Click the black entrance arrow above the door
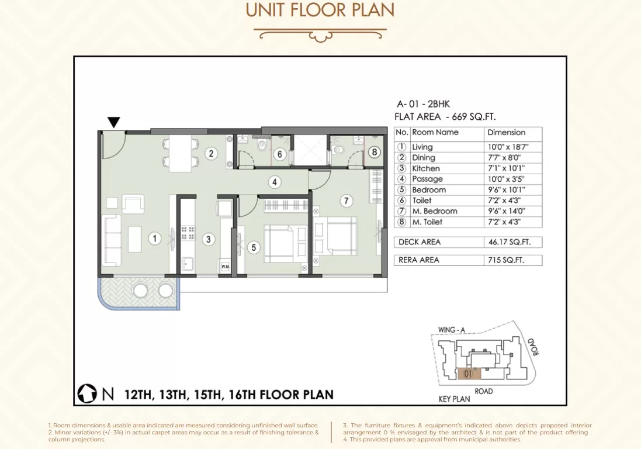click(113, 122)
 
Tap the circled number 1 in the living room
click(154, 239)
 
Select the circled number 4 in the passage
click(274, 182)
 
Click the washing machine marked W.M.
click(225, 266)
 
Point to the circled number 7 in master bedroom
click(347, 201)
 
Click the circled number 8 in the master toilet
click(375, 152)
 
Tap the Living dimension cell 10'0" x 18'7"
click(508, 147)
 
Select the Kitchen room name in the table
click(426, 168)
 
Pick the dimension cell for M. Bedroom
click(507, 211)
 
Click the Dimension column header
click(506, 133)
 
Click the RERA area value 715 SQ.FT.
click(506, 260)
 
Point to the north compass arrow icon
click(87, 393)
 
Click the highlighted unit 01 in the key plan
click(469, 374)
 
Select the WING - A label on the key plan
click(451, 330)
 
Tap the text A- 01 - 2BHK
click(423, 104)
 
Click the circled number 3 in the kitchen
click(209, 239)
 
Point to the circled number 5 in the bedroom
click(254, 247)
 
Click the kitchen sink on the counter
click(188, 264)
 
